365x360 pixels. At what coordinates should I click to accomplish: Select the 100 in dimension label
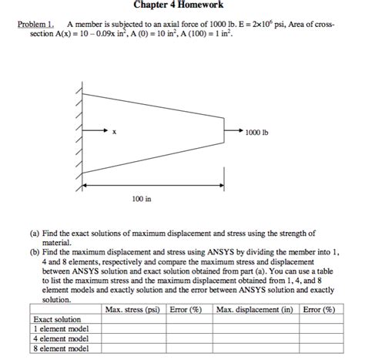(142, 199)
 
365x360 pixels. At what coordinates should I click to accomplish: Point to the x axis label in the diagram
(114, 132)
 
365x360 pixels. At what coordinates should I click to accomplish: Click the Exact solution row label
(58, 319)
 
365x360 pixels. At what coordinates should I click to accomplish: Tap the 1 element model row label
(62, 329)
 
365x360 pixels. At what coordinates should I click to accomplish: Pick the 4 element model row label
(62, 339)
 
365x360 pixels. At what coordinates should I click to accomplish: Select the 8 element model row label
(62, 349)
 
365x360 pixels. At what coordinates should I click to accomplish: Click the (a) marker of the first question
(35, 233)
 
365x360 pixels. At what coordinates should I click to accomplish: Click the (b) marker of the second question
(35, 251)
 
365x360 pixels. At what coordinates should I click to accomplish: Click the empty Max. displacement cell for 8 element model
(255, 349)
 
